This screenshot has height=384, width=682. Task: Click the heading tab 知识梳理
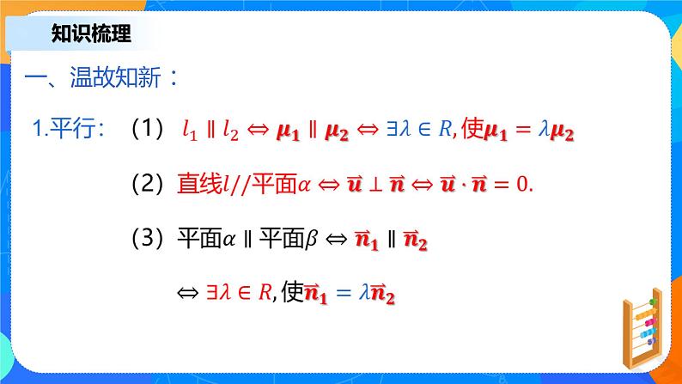tap(90, 35)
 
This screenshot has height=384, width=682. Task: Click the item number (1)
tap(147, 130)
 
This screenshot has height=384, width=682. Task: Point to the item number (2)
tap(147, 184)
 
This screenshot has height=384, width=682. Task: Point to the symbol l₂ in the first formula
tap(229, 131)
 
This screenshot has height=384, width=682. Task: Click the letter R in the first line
tap(444, 131)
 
